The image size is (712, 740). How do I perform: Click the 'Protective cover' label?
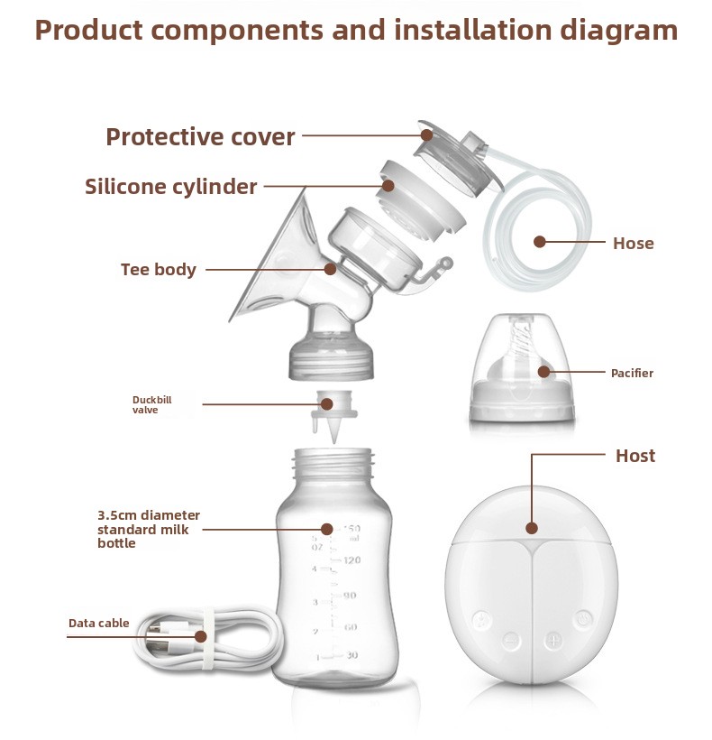click(200, 137)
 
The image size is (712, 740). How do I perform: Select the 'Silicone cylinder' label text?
click(171, 187)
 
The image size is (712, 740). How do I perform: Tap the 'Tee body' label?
click(159, 270)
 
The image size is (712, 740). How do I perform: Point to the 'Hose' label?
click(634, 243)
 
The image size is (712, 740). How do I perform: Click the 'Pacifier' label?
click(632, 373)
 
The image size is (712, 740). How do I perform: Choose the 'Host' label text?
click(635, 456)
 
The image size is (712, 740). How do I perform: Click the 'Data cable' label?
click(98, 623)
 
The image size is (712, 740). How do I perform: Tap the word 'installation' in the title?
click(473, 30)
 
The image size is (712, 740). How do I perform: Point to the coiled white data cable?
click(207, 639)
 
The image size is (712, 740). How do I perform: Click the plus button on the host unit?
click(552, 641)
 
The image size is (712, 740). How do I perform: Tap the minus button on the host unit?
click(512, 641)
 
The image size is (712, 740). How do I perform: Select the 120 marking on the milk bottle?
click(352, 560)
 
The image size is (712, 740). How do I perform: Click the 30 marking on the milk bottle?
click(352, 655)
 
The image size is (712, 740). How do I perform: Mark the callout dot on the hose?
click(540, 242)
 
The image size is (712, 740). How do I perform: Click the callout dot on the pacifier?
click(543, 372)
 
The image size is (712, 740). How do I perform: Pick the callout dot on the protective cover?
click(426, 135)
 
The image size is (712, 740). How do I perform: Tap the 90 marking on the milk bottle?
click(350, 596)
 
